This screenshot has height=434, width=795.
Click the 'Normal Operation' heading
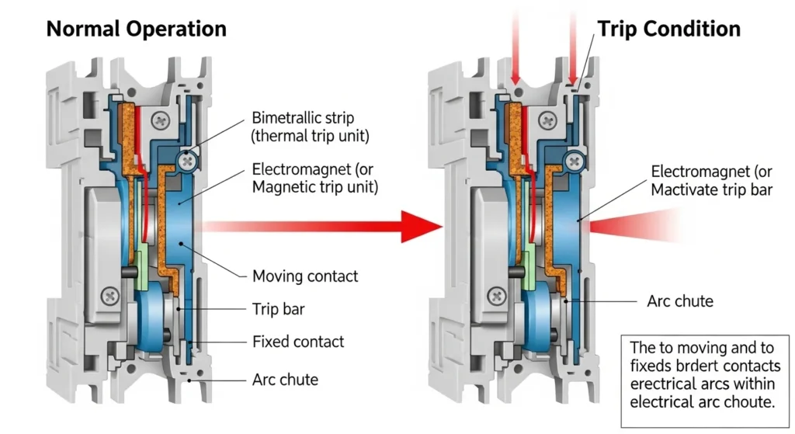click(136, 30)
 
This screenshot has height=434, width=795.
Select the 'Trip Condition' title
click(668, 30)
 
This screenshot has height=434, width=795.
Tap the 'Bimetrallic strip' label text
click(303, 119)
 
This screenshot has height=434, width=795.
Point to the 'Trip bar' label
click(278, 309)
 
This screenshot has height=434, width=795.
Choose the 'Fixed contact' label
click(298, 342)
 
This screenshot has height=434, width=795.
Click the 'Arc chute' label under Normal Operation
click(285, 380)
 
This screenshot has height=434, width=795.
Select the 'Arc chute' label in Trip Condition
click(679, 300)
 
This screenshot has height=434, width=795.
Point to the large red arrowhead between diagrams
click(420, 225)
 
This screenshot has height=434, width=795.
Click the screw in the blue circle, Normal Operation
click(186, 161)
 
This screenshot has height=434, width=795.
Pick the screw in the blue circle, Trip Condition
click(575, 161)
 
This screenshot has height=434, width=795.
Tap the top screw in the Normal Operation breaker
click(161, 120)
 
